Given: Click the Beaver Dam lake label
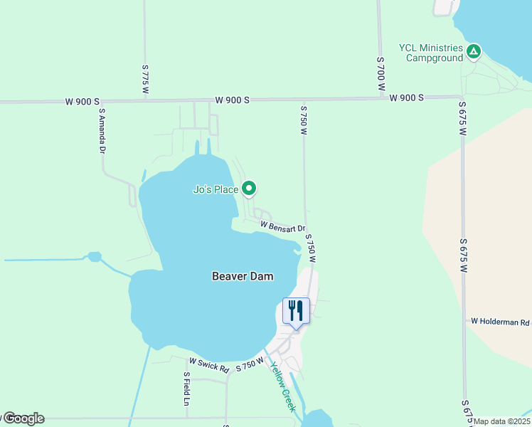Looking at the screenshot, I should point(243,276).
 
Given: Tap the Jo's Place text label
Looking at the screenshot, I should point(216,189).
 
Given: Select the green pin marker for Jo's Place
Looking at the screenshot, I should point(249,189).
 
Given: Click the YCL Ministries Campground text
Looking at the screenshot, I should point(431,53).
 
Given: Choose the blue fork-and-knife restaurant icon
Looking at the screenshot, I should point(296,310).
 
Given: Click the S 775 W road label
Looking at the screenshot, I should point(145,79).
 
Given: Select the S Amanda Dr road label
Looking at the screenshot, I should point(102,131).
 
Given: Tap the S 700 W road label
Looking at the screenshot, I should point(381,73).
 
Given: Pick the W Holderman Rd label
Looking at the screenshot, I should point(501,322).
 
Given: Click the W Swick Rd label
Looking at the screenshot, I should point(209,369).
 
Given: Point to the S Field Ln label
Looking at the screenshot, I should point(186,389).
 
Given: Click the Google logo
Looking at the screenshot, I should point(23,418).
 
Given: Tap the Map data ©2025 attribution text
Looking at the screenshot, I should point(502,421).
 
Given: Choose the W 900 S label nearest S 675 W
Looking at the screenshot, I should point(407,97).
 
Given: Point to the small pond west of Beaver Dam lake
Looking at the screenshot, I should point(93,256).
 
